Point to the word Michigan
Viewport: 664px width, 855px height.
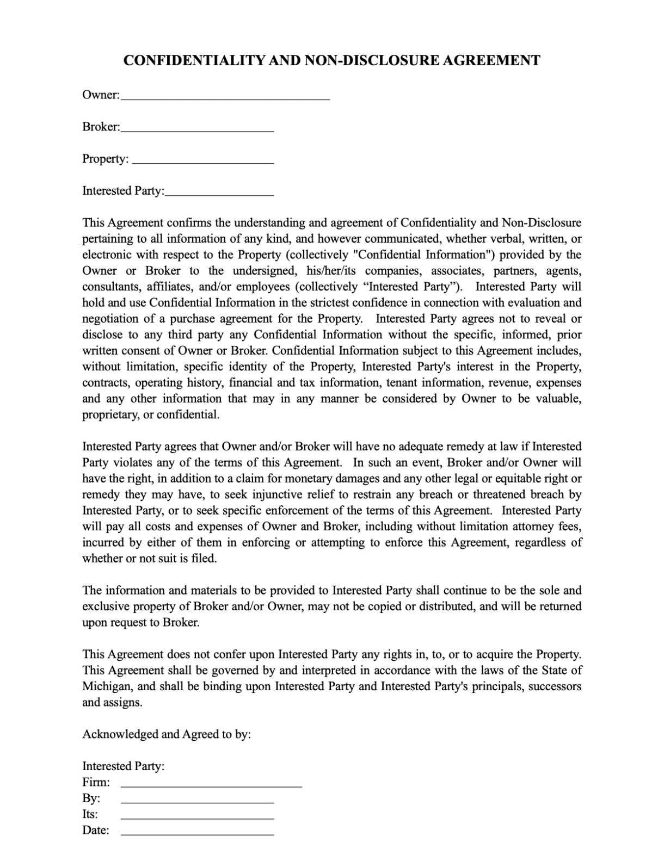click(106, 686)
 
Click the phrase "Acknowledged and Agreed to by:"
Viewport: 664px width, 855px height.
click(167, 734)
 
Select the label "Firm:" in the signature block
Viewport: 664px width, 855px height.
click(96, 783)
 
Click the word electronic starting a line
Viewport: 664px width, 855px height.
click(107, 255)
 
